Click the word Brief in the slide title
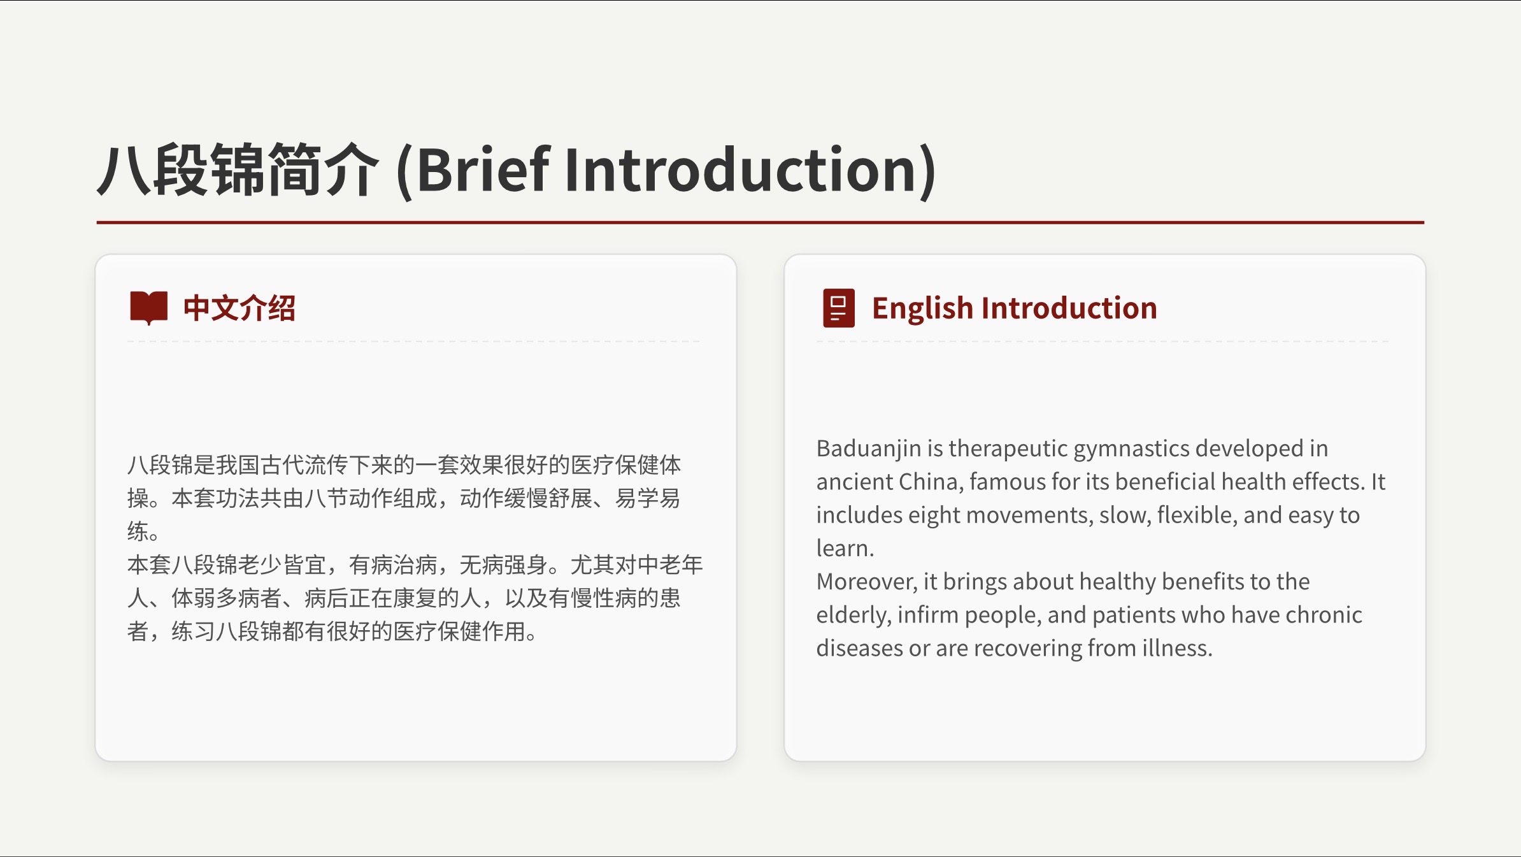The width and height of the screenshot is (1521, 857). pos(483,169)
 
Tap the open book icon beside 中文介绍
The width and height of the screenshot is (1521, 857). pos(148,308)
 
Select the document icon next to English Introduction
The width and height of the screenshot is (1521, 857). pos(839,308)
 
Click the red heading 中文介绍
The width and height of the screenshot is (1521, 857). pos(239,308)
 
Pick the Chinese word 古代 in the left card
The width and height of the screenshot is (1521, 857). pos(282,465)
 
